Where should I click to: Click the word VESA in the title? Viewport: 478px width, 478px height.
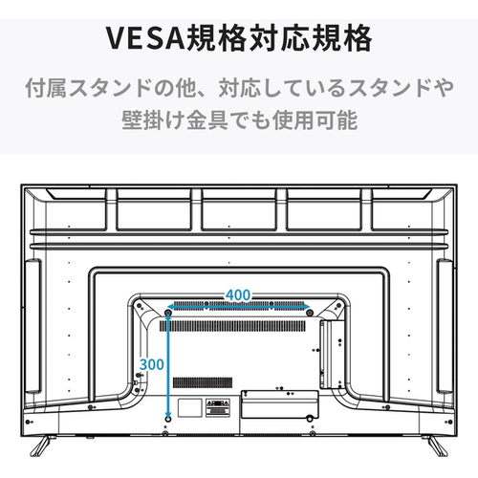[145, 38]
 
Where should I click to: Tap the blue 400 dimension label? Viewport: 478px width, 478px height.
[238, 295]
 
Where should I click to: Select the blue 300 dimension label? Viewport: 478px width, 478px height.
[152, 364]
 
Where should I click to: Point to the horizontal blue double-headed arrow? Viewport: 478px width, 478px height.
[239, 307]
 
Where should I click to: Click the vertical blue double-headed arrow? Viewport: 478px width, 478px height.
[168, 364]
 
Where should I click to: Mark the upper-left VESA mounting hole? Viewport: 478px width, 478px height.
[168, 314]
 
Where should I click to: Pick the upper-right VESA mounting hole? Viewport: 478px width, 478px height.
[310, 314]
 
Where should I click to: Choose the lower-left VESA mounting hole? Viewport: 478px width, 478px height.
[168, 419]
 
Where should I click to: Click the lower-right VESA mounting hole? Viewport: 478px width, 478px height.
[310, 419]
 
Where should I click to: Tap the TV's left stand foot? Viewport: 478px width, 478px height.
[41, 445]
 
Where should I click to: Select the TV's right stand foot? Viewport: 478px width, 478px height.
[435, 445]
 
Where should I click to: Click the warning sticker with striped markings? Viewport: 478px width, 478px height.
[218, 407]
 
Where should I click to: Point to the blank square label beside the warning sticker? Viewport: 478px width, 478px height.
[190, 407]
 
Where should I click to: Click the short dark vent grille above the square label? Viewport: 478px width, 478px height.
[203, 382]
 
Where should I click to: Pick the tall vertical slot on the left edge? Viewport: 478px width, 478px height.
[33, 326]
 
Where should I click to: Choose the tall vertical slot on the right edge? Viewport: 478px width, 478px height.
[445, 326]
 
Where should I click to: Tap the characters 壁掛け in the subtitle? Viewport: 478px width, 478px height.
[154, 120]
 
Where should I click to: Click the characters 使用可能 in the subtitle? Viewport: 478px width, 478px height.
[315, 120]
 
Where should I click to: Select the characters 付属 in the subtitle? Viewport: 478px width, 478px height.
[46, 87]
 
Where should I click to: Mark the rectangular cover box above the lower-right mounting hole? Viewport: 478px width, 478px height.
[279, 404]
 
